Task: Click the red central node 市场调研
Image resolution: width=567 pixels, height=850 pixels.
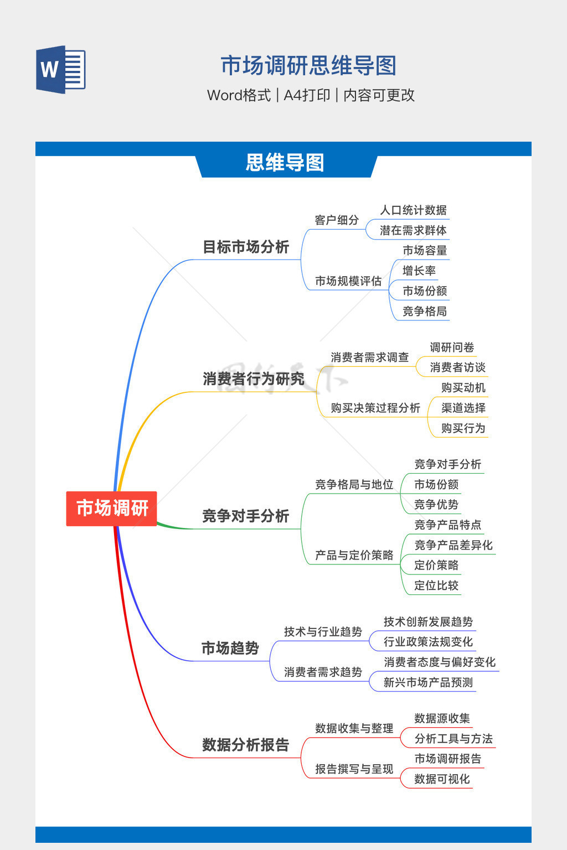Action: pyautogui.click(x=112, y=508)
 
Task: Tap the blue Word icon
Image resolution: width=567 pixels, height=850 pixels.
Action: pyautogui.click(x=61, y=70)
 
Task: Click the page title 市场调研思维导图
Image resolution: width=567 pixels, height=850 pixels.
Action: pyautogui.click(x=308, y=66)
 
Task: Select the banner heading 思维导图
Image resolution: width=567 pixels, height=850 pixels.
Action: pyautogui.click(x=285, y=163)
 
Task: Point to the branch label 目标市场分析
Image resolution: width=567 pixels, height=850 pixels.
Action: pyautogui.click(x=246, y=247)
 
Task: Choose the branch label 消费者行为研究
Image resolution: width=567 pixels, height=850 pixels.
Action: pyautogui.click(x=254, y=379)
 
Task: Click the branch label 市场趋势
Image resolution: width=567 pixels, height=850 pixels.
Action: pyautogui.click(x=230, y=648)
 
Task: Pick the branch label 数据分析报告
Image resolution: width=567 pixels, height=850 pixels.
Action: pyautogui.click(x=246, y=745)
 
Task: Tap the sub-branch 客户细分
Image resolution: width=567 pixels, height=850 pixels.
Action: pyautogui.click(x=337, y=220)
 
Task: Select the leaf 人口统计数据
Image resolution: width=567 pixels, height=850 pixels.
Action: pyautogui.click(x=413, y=210)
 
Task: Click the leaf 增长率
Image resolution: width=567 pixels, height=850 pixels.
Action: pyautogui.click(x=419, y=271)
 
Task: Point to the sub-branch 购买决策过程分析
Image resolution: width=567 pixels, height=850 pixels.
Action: pyautogui.click(x=375, y=408)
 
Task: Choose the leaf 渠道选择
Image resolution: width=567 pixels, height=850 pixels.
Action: pyautogui.click(x=463, y=408)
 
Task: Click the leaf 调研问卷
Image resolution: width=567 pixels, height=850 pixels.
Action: pyautogui.click(x=452, y=348)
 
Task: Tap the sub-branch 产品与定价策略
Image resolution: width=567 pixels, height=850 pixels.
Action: pyautogui.click(x=354, y=555)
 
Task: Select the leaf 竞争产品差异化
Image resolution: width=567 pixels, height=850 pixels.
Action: pyautogui.click(x=453, y=545)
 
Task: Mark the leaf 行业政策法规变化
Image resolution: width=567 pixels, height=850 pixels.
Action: pyautogui.click(x=428, y=642)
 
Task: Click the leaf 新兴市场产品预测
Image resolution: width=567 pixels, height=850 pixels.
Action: pyautogui.click(x=428, y=682)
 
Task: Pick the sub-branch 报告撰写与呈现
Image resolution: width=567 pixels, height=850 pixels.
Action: pyautogui.click(x=354, y=769)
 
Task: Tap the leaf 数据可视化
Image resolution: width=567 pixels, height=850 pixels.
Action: pyautogui.click(x=442, y=779)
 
